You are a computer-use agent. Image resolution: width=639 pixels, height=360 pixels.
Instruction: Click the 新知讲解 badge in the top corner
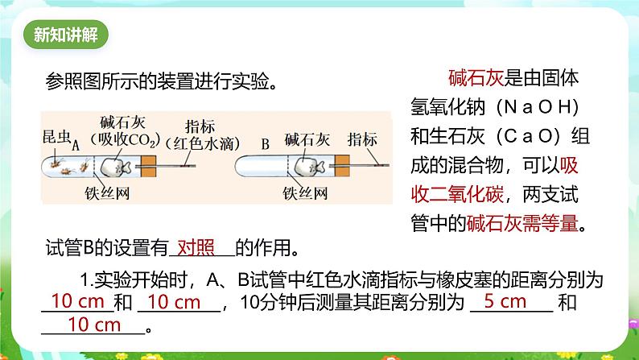click(67, 35)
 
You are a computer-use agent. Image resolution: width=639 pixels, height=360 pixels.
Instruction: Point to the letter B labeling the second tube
click(265, 145)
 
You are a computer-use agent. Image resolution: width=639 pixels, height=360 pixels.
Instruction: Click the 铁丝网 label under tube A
click(107, 192)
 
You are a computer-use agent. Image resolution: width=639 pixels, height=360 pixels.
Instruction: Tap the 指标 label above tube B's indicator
click(363, 138)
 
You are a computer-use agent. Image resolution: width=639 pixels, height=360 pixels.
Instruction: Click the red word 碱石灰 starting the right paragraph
click(475, 79)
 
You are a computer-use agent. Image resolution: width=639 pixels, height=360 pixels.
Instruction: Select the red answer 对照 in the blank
click(196, 246)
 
